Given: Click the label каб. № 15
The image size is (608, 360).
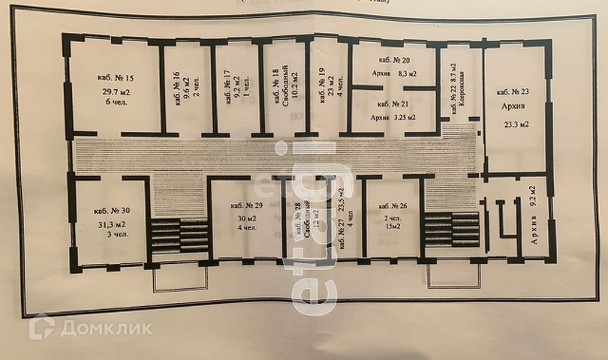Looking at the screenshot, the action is pos(115,77).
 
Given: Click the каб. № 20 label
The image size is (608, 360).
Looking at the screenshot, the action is pos(393,60).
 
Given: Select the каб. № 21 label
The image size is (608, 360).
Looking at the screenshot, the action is pos(393,103).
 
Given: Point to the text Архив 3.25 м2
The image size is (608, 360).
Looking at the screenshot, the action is pos(394,118).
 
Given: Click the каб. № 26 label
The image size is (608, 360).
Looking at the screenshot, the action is pos(393,206).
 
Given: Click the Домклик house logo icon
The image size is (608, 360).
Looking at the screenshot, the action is pos(41,328).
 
